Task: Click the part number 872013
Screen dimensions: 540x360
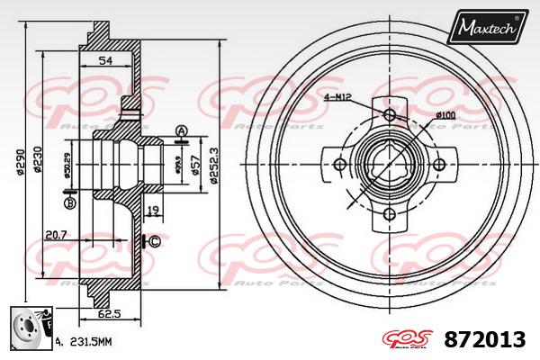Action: [483, 339]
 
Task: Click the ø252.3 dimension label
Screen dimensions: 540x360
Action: [213, 166]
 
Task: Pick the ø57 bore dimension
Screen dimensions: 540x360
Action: [197, 163]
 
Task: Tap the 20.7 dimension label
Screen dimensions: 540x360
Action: [56, 236]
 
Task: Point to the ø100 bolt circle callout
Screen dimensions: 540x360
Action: [445, 114]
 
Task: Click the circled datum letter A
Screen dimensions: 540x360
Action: [180, 131]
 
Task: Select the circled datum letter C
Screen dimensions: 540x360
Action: [154, 240]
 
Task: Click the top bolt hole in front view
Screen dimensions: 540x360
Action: [390, 114]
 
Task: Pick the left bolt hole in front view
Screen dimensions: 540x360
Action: [340, 164]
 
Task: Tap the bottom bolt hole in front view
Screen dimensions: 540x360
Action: [390, 213]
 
